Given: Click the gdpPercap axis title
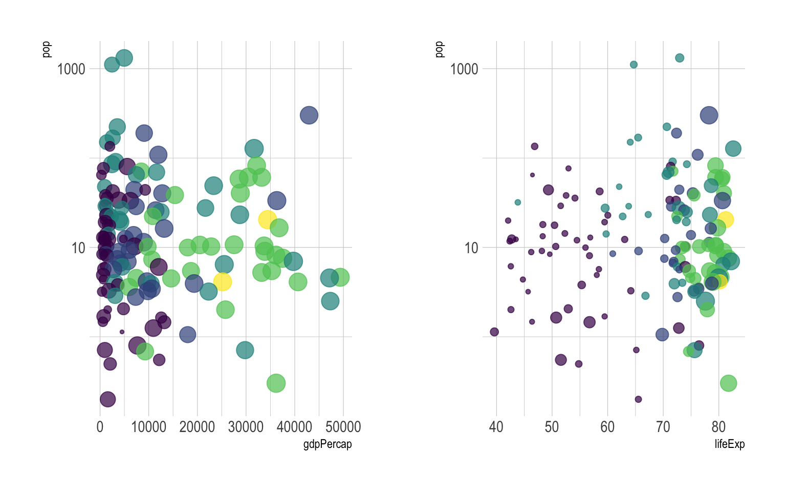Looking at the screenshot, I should [x=327, y=444].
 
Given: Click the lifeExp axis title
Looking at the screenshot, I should [x=729, y=444].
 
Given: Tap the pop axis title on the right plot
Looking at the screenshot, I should [x=440, y=49].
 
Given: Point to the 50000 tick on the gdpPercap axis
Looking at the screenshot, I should [x=343, y=427].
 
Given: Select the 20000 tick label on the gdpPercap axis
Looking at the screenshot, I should [x=197, y=427].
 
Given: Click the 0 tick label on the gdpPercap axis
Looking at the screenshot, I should [x=100, y=427].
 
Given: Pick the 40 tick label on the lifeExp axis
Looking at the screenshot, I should [x=496, y=427].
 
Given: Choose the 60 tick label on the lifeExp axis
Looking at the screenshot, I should [x=607, y=427].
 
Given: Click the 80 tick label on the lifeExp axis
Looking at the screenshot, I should [x=718, y=427].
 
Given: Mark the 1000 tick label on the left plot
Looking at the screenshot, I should [x=71, y=69].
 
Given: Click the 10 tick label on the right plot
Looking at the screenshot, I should [x=471, y=248].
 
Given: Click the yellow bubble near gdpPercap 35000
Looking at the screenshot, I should [x=267, y=219].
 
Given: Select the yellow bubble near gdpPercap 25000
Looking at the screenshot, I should [x=223, y=281].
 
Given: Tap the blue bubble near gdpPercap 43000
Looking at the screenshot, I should [x=309, y=115].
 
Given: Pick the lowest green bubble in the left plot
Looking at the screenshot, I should [x=276, y=383].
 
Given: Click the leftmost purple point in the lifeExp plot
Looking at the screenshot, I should [x=494, y=332].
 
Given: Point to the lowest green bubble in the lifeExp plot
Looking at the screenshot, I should [x=728, y=383].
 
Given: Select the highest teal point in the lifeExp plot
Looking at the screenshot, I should [x=680, y=58].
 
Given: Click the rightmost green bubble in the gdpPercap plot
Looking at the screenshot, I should [x=340, y=277].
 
